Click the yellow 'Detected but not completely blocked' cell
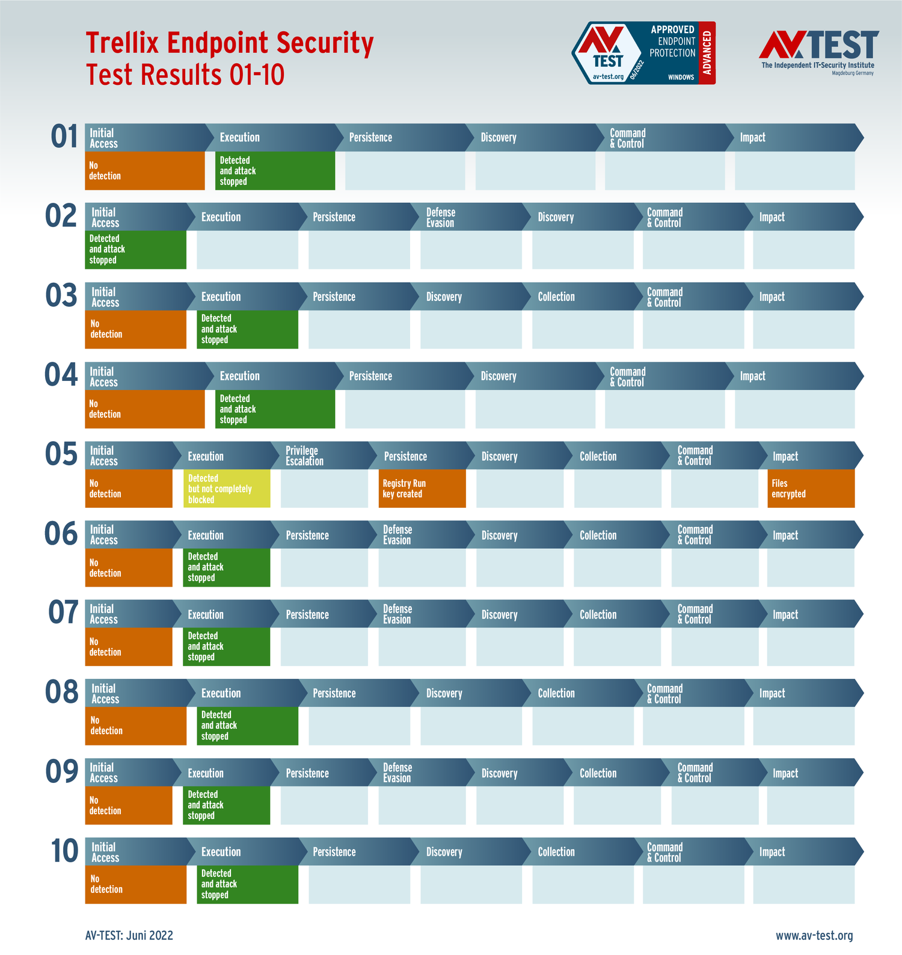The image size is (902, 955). coord(227,489)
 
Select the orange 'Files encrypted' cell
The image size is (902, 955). coord(811,489)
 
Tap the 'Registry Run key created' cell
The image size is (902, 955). coord(422,489)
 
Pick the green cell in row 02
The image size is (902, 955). coord(135,250)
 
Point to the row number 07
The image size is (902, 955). coord(63,613)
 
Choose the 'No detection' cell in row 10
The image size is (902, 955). coord(135,884)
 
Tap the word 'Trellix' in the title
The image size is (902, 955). coord(122,43)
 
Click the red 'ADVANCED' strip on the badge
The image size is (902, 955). coord(707,53)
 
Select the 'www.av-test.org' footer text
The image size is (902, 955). coord(814,935)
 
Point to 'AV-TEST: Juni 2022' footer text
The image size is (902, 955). coord(129,935)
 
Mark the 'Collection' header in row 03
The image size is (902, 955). coord(556,297)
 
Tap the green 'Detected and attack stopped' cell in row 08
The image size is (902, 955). coord(248,726)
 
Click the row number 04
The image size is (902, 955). coord(61,375)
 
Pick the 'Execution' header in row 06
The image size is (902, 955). coord(206,535)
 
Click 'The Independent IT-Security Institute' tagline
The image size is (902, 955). coord(818,65)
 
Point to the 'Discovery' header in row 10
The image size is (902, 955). coord(444,852)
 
